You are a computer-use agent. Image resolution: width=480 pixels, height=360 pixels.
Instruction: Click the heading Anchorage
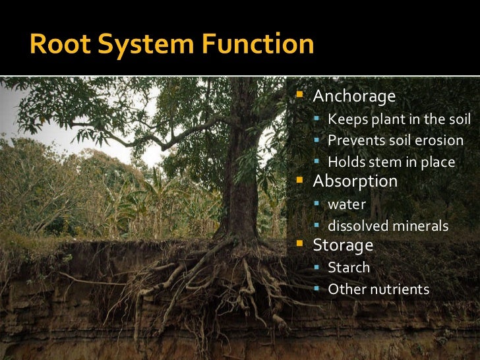tap(354, 97)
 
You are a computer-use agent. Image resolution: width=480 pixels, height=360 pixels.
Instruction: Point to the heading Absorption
tap(355, 181)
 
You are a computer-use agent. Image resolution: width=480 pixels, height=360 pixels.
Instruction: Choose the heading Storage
tap(343, 245)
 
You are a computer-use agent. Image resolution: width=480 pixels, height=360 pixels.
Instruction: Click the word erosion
tap(440, 140)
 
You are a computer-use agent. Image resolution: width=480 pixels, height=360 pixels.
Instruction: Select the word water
tap(347, 204)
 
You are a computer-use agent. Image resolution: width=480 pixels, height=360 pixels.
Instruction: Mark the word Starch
tap(349, 268)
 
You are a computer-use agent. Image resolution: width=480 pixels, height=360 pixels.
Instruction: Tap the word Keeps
tap(345, 119)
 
